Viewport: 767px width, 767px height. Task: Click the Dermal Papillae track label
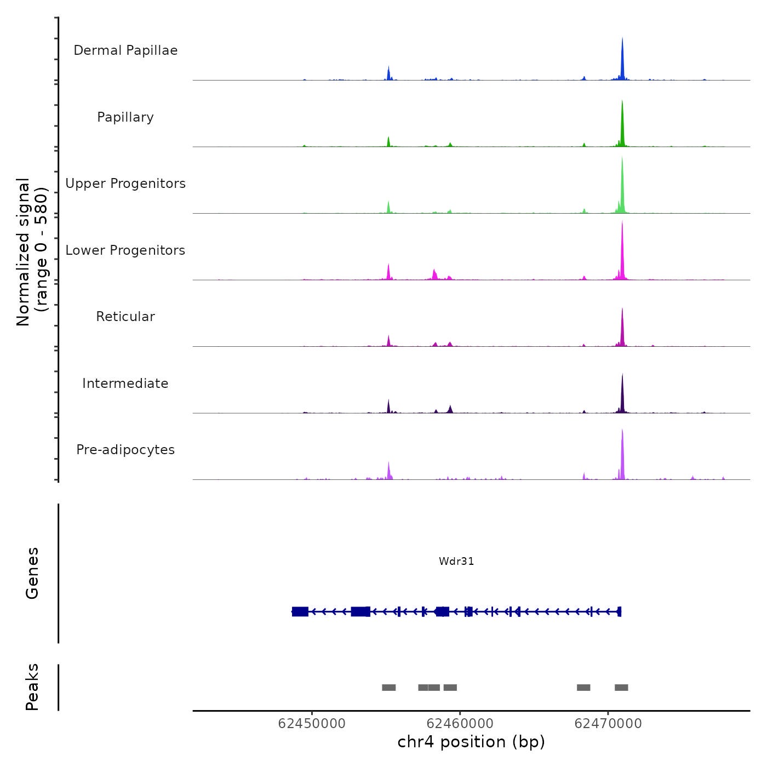coord(125,50)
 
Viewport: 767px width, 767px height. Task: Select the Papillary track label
coord(125,117)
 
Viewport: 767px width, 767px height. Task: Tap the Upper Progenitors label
coord(125,184)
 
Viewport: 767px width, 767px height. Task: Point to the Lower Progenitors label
coord(125,250)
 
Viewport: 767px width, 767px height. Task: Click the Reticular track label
coord(125,317)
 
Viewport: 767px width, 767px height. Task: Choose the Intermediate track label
coord(125,383)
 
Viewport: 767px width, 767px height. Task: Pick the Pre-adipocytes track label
coord(125,450)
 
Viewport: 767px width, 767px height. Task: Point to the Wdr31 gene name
coord(456,562)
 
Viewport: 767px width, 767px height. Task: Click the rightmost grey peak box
coord(621,688)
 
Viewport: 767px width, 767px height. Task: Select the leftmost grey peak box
coord(388,688)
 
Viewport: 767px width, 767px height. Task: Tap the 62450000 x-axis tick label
coord(312,724)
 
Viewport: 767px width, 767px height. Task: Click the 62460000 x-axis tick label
coord(460,724)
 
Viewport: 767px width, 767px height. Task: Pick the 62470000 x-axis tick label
coord(608,724)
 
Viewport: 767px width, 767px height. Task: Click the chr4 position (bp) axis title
coord(471,742)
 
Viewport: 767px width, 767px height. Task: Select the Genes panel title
coord(32,573)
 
